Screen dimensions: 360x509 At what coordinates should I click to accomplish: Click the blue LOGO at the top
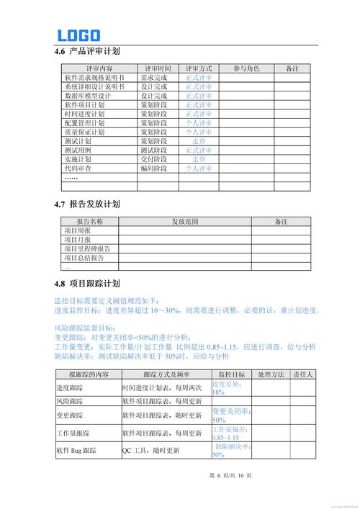(x=78, y=35)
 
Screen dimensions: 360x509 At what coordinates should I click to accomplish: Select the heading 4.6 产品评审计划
(x=87, y=51)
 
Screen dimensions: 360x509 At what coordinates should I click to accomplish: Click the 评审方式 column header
(x=199, y=68)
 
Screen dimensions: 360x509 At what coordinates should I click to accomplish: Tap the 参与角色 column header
(x=246, y=68)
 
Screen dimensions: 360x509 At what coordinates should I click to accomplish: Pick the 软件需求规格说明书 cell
(x=94, y=77)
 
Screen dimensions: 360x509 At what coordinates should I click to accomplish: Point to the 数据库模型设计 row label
(x=87, y=96)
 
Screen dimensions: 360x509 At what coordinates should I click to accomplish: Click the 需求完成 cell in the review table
(x=154, y=77)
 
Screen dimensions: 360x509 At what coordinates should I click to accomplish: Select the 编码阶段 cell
(x=154, y=168)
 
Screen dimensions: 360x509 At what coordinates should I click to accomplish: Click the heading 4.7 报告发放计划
(x=87, y=204)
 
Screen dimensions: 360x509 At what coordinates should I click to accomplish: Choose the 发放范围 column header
(x=184, y=222)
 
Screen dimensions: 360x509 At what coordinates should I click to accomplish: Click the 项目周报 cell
(x=78, y=230)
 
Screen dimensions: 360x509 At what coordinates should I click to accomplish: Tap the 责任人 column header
(x=302, y=375)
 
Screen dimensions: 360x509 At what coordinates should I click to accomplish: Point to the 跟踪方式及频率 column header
(x=166, y=375)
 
